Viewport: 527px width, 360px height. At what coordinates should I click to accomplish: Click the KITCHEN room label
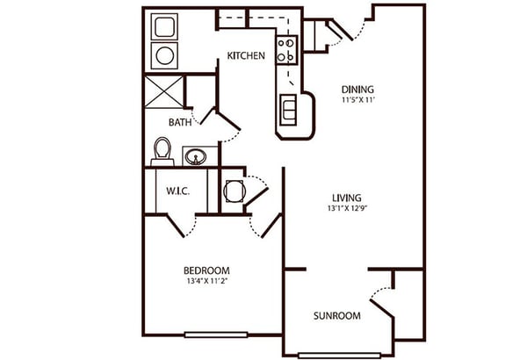246,55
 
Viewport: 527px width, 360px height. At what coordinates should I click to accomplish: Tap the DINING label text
357,90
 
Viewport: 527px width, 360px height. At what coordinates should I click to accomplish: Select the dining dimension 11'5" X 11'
358,100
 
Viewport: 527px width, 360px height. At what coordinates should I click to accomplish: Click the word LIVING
347,198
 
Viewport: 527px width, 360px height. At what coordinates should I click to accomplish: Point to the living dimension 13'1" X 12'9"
347,208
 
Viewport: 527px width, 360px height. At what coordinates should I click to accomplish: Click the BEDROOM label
206,270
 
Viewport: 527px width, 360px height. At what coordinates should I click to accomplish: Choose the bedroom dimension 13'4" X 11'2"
207,281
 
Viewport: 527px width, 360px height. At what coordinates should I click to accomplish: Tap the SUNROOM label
337,315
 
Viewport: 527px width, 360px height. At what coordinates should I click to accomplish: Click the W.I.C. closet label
177,191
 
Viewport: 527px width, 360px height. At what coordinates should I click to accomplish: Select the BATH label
180,122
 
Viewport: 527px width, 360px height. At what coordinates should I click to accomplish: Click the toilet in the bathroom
162,152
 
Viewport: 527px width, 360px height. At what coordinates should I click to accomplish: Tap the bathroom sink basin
196,156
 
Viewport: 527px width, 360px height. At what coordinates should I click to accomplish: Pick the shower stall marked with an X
163,92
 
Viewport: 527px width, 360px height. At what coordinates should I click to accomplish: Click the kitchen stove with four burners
286,50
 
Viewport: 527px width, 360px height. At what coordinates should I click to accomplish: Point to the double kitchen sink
288,110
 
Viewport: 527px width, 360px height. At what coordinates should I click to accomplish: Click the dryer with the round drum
164,55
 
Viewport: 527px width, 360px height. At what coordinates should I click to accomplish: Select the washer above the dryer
164,26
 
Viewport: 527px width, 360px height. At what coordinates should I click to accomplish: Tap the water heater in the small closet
235,191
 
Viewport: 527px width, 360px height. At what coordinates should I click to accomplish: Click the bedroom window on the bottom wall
216,335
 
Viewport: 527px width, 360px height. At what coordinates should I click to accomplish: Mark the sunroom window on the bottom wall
339,356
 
